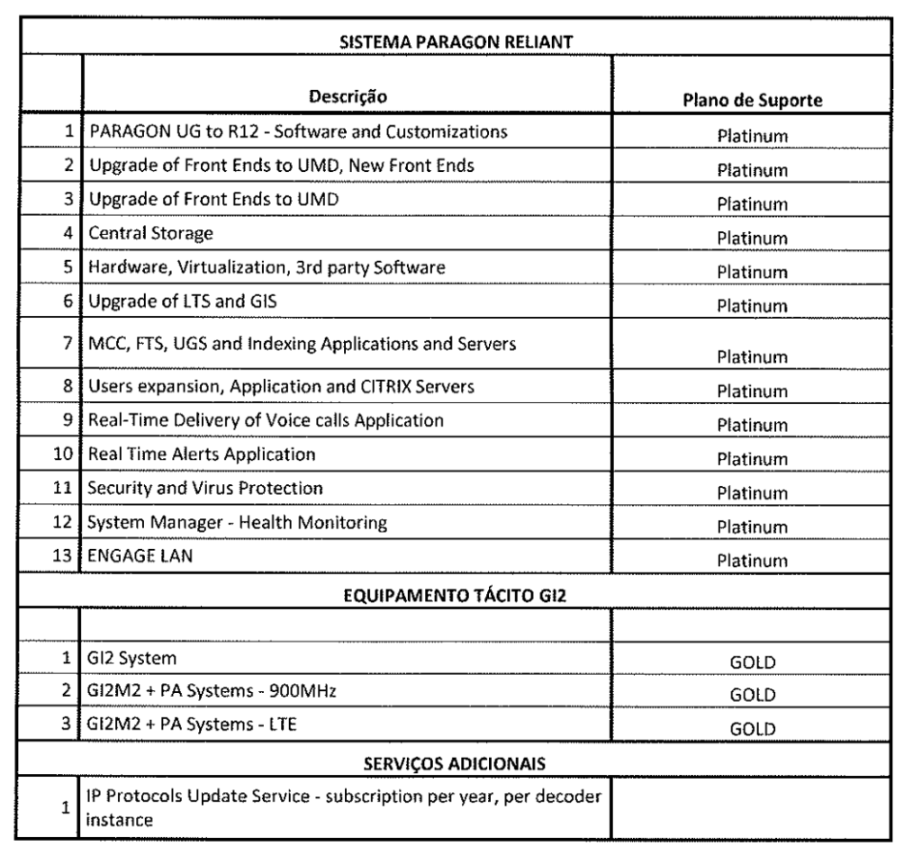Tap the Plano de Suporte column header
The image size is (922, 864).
pyautogui.click(x=752, y=100)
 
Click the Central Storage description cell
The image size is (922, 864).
pyautogui.click(x=150, y=233)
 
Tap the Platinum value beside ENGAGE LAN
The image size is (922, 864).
pyautogui.click(x=752, y=560)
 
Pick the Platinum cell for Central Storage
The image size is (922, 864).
pyautogui.click(x=752, y=238)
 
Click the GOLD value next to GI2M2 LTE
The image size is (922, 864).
pyautogui.click(x=752, y=730)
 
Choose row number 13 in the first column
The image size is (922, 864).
pyautogui.click(x=64, y=557)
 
